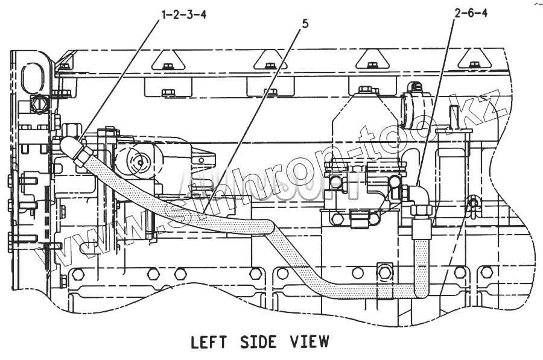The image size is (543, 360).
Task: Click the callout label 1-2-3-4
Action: tap(183, 15)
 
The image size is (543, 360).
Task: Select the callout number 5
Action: tap(306, 25)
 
